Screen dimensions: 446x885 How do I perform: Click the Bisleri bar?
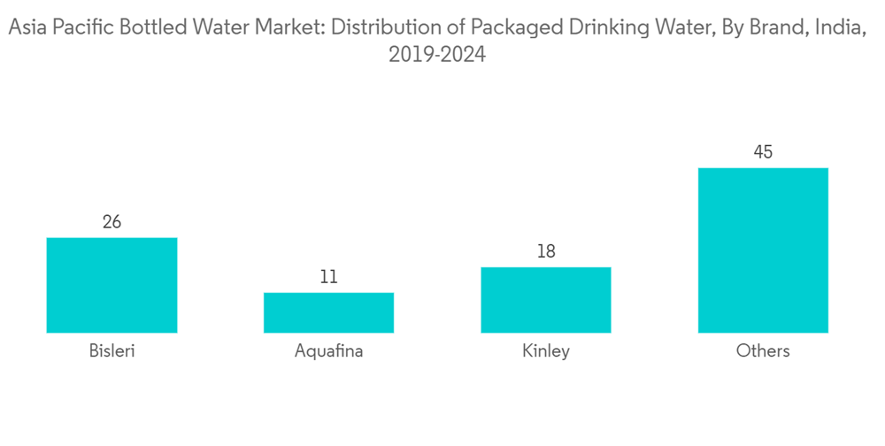[x=112, y=285]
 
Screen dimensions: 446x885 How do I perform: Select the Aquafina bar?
[x=328, y=312]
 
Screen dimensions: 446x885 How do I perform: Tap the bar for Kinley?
[x=546, y=300]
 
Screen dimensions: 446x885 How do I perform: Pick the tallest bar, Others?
[x=763, y=250]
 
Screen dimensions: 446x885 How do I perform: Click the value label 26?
[x=112, y=222]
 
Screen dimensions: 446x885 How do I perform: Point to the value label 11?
[x=328, y=277]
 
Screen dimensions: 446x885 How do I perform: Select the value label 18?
[x=546, y=251]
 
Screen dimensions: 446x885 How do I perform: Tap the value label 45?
[x=763, y=152]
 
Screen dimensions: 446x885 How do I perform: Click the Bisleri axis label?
[x=112, y=350]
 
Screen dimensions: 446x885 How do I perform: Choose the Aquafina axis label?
[x=328, y=350]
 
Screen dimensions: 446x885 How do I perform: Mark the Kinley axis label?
[x=546, y=350]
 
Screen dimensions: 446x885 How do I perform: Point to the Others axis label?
[x=763, y=350]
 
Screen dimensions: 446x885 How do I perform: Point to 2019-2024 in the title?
[x=437, y=56]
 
